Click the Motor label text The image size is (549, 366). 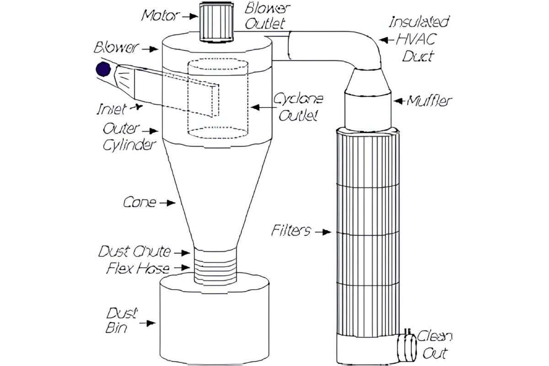click(158, 15)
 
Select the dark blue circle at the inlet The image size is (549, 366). click(102, 70)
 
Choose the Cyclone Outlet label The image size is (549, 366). click(298, 107)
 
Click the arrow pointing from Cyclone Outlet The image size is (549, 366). click(261, 107)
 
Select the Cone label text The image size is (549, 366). click(140, 202)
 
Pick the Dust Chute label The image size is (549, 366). click(135, 252)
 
